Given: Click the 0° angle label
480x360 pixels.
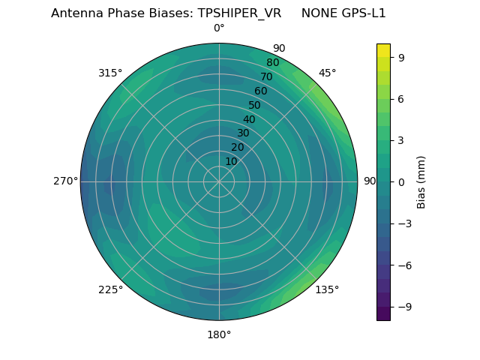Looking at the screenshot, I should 219,28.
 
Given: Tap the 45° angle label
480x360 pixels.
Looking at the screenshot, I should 327,73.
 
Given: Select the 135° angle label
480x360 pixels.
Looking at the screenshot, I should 327,289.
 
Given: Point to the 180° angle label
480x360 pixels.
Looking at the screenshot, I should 219,334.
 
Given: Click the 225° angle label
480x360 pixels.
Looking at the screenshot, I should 110,290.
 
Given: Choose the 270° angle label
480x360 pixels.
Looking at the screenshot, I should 65,181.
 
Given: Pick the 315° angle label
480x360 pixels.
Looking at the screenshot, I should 110,73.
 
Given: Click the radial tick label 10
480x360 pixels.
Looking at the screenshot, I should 231,161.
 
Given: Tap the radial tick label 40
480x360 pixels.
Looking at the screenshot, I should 249,119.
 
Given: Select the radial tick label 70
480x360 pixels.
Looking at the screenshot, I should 266,76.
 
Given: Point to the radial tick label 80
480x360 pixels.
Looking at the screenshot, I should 272,62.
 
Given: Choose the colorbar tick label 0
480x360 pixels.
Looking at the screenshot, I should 402,181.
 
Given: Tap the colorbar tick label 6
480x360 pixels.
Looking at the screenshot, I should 402,98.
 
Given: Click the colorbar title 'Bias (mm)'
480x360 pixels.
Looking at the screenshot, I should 421,181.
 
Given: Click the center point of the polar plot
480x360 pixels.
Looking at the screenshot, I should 219,181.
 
